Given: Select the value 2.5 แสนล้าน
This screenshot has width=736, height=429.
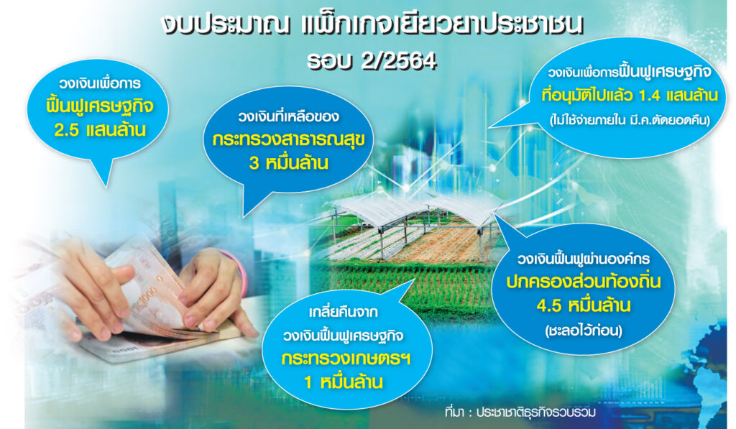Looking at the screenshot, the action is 101,130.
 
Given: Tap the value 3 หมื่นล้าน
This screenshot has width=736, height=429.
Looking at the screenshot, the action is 289,163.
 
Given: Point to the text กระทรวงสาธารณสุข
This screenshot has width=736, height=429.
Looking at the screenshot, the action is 288,140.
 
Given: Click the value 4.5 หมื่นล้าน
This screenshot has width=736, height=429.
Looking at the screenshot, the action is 584,306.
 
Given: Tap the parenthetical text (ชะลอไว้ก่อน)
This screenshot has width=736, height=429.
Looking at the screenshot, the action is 584,331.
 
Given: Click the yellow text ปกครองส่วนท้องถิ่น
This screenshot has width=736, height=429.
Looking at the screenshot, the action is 584,282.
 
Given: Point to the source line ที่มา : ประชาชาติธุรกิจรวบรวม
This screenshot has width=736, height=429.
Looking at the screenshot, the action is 520,412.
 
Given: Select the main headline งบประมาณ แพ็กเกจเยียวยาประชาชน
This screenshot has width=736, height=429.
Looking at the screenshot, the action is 372,26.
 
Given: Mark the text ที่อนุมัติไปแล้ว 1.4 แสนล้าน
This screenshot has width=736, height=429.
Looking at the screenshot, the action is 630,96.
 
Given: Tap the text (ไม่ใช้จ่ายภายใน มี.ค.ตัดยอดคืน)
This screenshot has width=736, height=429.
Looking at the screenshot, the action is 630,120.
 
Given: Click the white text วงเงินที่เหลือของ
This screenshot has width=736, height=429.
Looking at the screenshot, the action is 288,116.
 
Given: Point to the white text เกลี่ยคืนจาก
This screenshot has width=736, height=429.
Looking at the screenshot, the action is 343,312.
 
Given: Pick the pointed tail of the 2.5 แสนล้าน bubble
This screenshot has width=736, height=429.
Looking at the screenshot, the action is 107,186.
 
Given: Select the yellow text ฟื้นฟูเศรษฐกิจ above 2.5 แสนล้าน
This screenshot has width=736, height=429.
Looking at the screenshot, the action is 100,106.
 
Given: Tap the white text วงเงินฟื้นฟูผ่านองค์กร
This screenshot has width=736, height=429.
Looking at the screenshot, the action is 584,259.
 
